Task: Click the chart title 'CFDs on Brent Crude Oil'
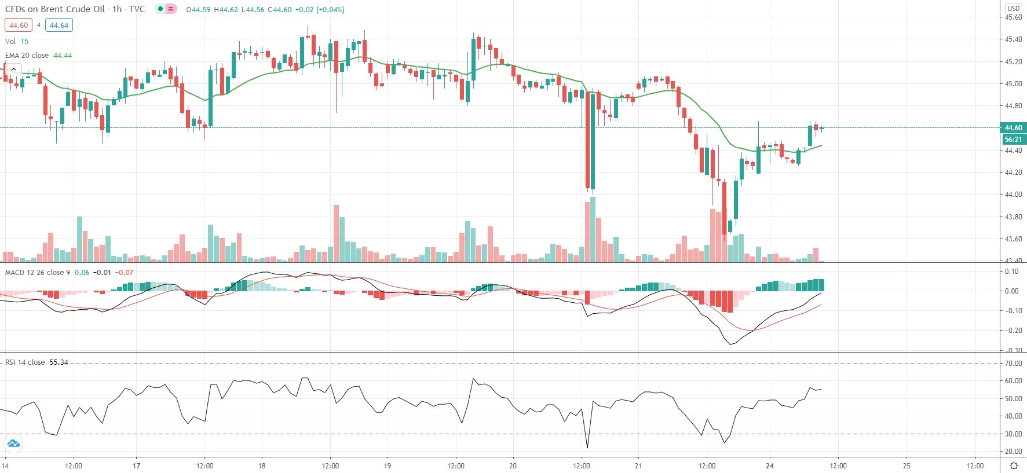pyautogui.click(x=55, y=9)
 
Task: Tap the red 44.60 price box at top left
pyautogui.click(x=19, y=25)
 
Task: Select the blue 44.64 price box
pyautogui.click(x=59, y=25)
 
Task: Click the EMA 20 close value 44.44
pyautogui.click(x=63, y=56)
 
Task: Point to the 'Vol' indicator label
pyautogui.click(x=10, y=42)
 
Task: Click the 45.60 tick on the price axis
pyautogui.click(x=1013, y=17)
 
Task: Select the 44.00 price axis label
pyautogui.click(x=1013, y=195)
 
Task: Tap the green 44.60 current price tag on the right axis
pyautogui.click(x=1013, y=128)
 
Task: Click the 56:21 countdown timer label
pyautogui.click(x=1013, y=140)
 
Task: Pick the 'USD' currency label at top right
pyautogui.click(x=1013, y=8)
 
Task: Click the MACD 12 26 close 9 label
pyautogui.click(x=38, y=273)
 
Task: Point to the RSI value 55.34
pyautogui.click(x=59, y=362)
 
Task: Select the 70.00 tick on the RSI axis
pyautogui.click(x=1013, y=364)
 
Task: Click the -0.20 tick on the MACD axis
pyautogui.click(x=1012, y=331)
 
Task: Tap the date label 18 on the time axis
pyautogui.click(x=262, y=465)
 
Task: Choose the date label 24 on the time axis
pyautogui.click(x=769, y=465)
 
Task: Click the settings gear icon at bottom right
pyautogui.click(x=1014, y=465)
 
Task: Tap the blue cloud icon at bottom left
pyautogui.click(x=13, y=444)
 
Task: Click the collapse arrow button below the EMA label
pyautogui.click(x=13, y=69)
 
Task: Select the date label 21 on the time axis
pyautogui.click(x=638, y=465)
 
